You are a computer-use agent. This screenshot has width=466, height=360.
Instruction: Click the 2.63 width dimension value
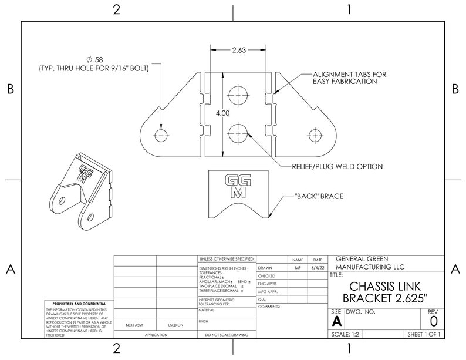[x=238, y=51]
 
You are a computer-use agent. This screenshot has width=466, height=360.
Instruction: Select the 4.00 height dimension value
[x=222, y=113]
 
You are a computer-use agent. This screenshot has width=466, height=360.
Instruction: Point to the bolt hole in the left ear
[x=161, y=134]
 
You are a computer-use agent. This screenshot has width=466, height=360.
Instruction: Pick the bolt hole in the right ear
[x=316, y=134]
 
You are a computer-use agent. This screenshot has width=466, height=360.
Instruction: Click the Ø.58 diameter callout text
[x=94, y=60]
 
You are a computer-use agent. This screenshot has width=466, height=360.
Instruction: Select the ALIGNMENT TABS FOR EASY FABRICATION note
[x=349, y=78]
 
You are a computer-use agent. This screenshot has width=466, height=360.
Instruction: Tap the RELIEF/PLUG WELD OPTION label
[x=337, y=167]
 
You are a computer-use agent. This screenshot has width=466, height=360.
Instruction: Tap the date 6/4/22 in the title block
[x=318, y=267]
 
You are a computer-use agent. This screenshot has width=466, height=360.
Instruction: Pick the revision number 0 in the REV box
[x=433, y=321]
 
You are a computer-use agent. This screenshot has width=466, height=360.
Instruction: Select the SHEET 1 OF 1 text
[x=423, y=334]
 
